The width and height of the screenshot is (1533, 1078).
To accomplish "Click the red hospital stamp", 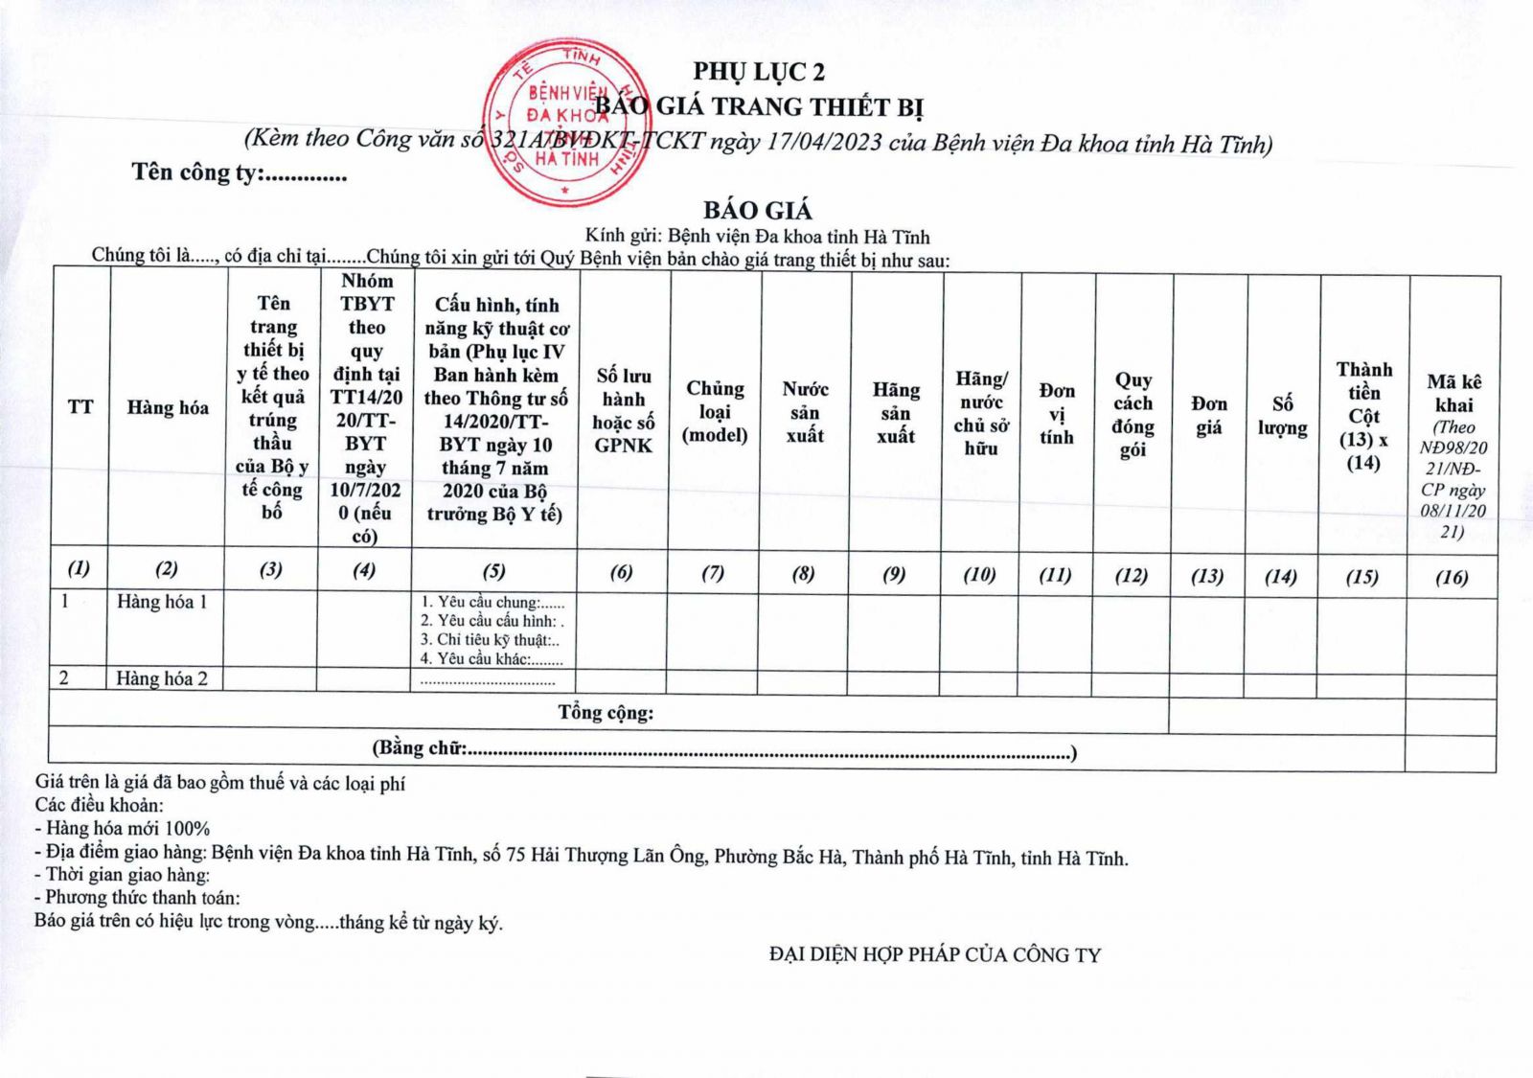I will coord(565,120).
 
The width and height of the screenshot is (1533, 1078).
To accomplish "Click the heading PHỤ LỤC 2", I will coord(759,72).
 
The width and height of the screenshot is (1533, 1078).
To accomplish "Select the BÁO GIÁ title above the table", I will coord(757,211).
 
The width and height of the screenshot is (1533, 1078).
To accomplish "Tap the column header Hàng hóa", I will coord(168,408).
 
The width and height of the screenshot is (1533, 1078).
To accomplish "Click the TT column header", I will coord(80,407).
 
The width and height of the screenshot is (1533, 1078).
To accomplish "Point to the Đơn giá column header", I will coord(1208,416).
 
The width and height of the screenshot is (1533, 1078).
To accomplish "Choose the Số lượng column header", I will coord(1283,416).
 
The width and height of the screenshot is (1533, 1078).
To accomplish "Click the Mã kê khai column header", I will coord(1453,394).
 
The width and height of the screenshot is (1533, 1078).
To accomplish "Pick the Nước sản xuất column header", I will coord(805,412).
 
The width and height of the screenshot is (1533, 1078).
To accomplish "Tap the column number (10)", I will coord(979,575).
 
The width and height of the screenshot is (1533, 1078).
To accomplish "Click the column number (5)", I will coord(493,572).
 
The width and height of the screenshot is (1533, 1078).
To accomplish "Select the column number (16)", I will coord(1452,577).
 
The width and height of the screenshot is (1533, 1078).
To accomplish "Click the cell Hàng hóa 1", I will coord(162,602).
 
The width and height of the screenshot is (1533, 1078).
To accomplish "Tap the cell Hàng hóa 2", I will coord(162,678).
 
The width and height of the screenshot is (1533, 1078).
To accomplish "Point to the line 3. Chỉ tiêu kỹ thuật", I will coord(490,640).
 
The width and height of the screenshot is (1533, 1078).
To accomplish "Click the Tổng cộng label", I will coord(606,713).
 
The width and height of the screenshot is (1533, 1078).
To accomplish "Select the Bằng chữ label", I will coord(420,748).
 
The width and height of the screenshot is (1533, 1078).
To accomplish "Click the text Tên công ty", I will coord(239,172).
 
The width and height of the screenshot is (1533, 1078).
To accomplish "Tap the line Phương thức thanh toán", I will coord(138,898).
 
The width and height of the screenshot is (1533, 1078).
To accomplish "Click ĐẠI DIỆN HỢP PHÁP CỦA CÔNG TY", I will coord(935,954).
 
